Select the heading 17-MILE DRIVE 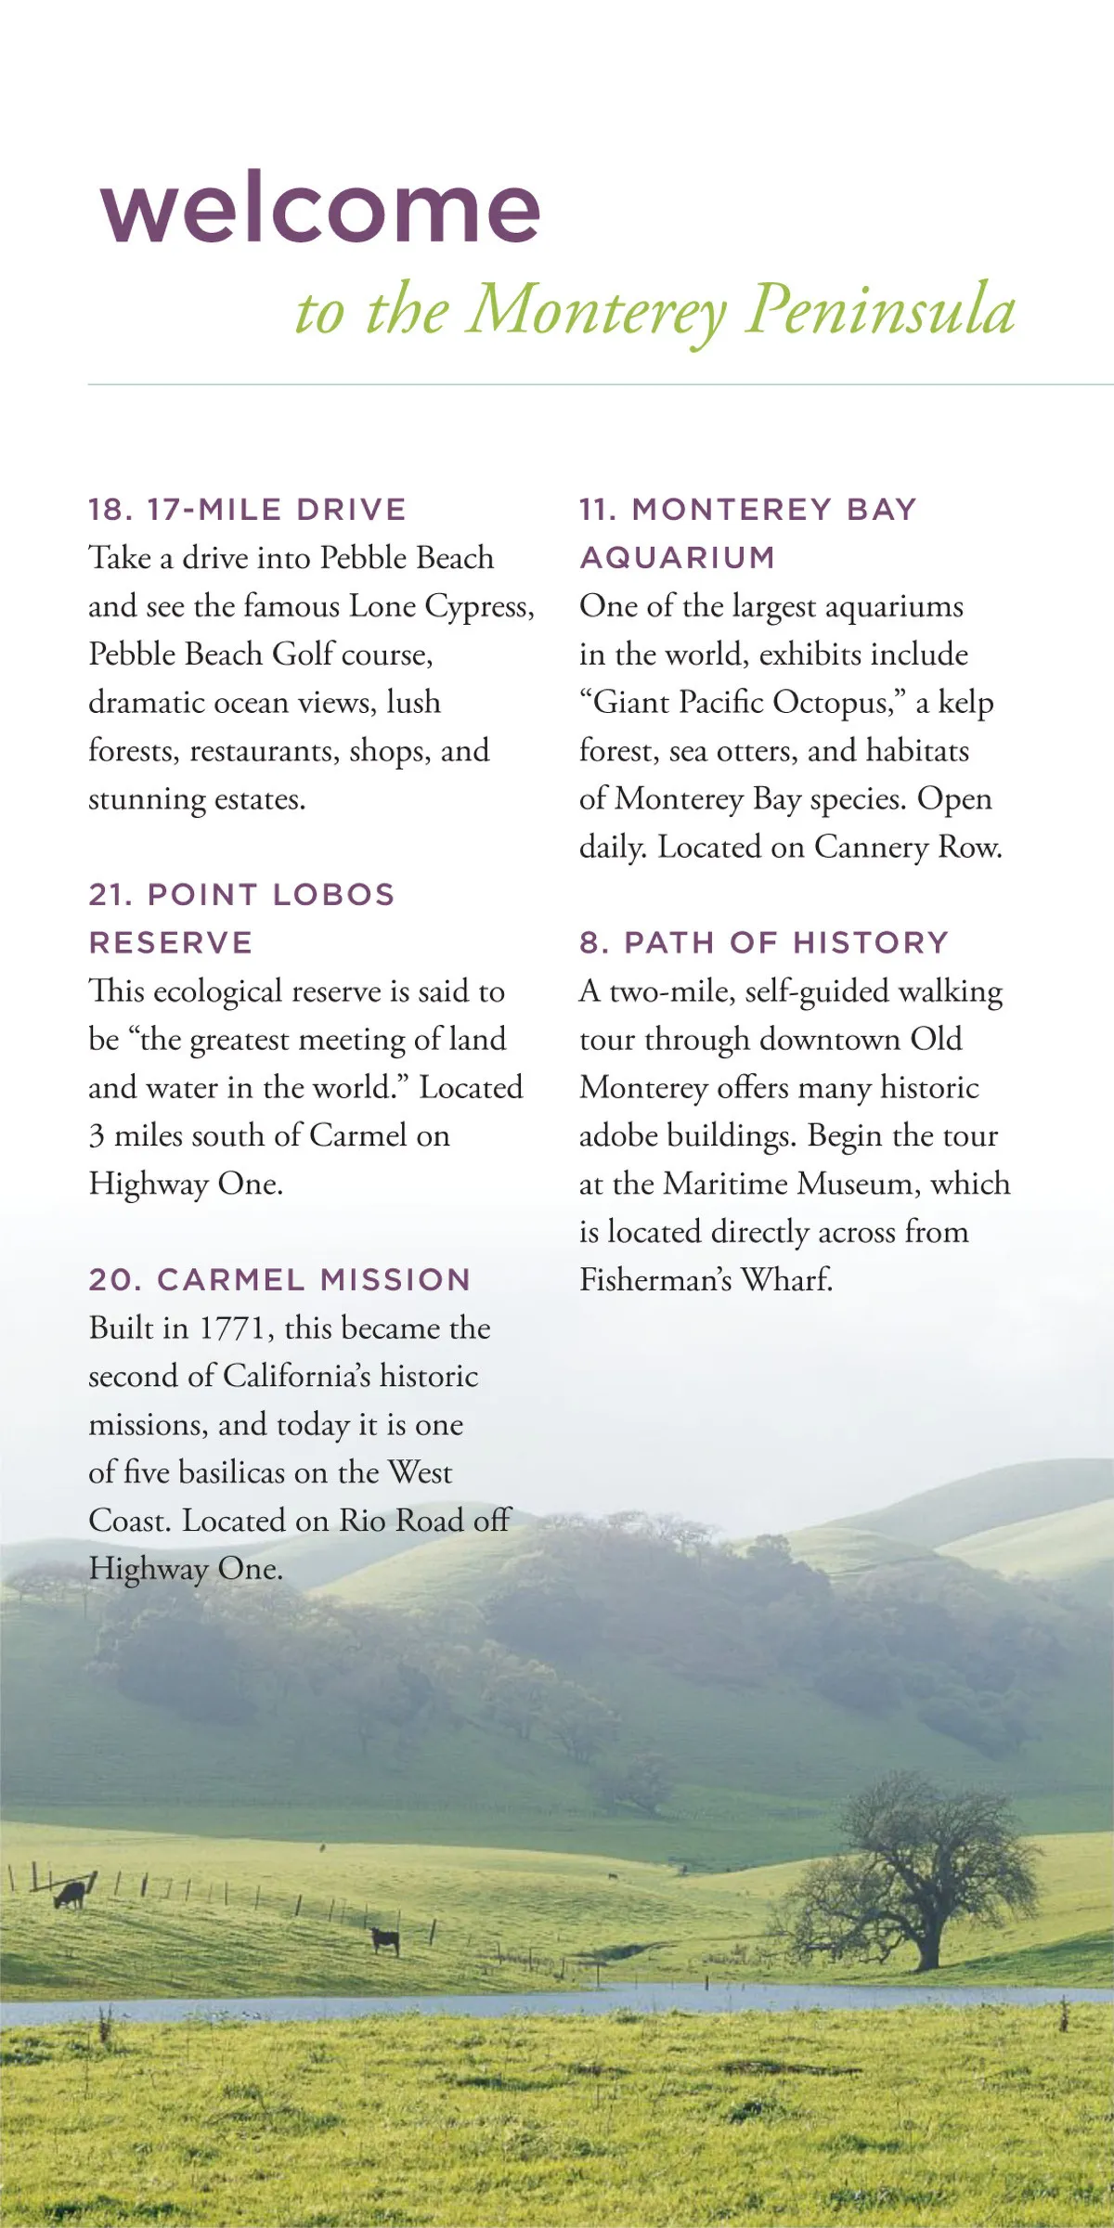point(277,510)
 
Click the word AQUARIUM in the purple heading point(678,558)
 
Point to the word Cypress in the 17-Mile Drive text point(479,606)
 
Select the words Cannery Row point(908,848)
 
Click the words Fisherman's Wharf point(706,1280)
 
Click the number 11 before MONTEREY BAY point(595,510)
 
